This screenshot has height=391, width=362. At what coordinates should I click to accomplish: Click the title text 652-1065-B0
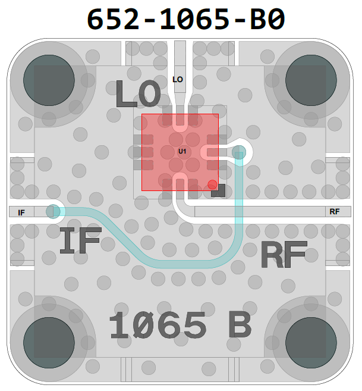click(x=185, y=19)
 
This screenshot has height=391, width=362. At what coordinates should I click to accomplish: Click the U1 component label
click(x=182, y=151)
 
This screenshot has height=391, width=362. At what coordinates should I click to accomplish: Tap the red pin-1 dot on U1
click(x=212, y=184)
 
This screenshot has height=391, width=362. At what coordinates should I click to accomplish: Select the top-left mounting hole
click(x=49, y=80)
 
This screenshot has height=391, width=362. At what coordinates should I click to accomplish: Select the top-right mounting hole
click(x=311, y=80)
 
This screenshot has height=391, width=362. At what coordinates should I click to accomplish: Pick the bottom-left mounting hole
click(x=49, y=342)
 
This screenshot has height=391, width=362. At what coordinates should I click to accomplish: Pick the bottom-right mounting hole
click(x=311, y=342)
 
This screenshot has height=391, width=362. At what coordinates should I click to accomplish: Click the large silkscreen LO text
click(x=138, y=94)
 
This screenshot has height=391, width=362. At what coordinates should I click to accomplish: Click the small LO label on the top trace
click(x=178, y=80)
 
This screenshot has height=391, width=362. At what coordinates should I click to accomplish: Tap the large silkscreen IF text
click(x=81, y=240)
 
